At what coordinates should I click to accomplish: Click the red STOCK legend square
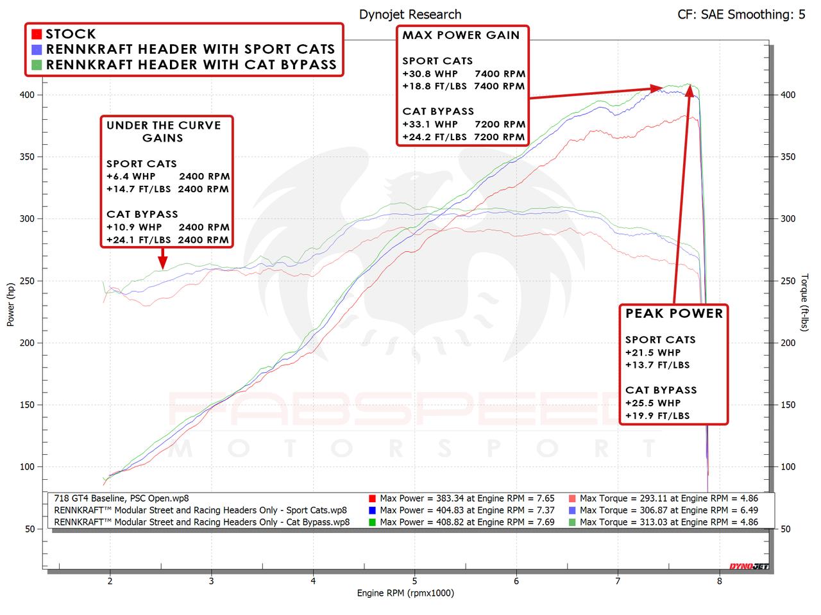click(x=37, y=34)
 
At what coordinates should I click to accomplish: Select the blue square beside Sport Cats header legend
click(x=37, y=49)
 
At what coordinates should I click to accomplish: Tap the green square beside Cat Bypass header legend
click(x=37, y=64)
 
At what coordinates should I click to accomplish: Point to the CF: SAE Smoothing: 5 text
click(x=741, y=14)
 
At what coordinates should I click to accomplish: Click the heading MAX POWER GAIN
click(x=461, y=35)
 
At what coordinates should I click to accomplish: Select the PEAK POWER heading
click(x=674, y=313)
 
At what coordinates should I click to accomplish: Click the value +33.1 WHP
click(x=430, y=124)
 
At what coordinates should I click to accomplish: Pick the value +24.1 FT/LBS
click(x=139, y=240)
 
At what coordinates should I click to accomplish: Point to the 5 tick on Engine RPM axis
click(x=415, y=581)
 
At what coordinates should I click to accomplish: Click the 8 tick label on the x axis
click(x=720, y=581)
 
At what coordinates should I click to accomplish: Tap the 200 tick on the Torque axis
click(x=787, y=343)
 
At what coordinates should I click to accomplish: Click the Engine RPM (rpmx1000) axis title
click(x=405, y=593)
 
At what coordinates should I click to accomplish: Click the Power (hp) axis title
click(x=11, y=304)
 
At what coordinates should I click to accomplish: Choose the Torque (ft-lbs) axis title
click(x=805, y=303)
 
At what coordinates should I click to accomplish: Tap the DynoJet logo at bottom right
click(x=749, y=566)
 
